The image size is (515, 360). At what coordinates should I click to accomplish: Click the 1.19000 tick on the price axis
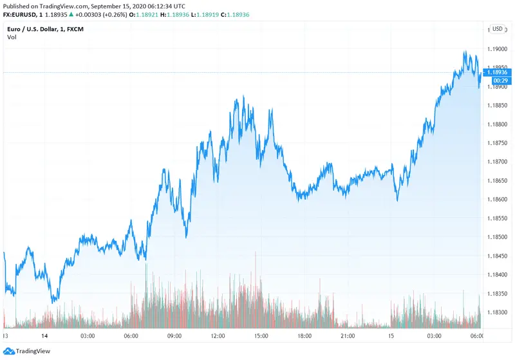point(496,49)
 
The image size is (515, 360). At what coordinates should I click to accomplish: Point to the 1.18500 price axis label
point(496,237)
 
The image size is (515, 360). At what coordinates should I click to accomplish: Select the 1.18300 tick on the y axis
point(496,312)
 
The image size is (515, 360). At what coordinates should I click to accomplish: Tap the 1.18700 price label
point(496,162)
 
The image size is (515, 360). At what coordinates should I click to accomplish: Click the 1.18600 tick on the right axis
point(496,200)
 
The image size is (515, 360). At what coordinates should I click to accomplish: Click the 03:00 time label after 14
point(88,336)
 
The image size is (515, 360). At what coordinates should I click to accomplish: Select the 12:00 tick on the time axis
point(218,336)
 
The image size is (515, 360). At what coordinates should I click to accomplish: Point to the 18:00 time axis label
point(304,336)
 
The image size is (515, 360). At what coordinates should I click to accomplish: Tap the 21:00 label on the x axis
point(348,336)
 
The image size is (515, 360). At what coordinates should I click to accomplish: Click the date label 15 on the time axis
point(391,336)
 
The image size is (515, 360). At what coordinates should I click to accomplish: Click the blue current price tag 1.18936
point(497,72)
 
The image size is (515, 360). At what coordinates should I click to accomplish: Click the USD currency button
point(498,29)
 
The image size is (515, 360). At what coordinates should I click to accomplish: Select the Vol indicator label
point(12,37)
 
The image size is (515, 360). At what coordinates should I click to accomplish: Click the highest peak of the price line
point(465,51)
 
